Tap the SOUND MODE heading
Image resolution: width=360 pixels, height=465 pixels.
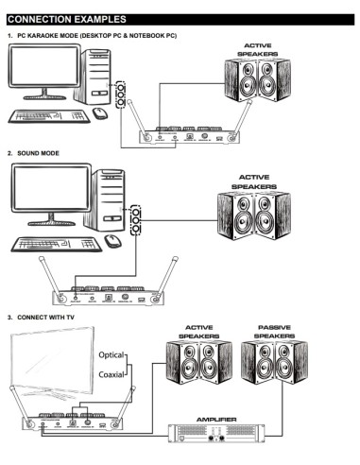pos(39,152)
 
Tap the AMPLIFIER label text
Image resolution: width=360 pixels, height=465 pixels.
pos(216,418)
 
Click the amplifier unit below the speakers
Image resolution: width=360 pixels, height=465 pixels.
pos(217,435)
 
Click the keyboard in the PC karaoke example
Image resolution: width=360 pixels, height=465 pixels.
pos(46,115)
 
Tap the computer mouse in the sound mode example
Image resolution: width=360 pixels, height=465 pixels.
pos(112,240)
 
